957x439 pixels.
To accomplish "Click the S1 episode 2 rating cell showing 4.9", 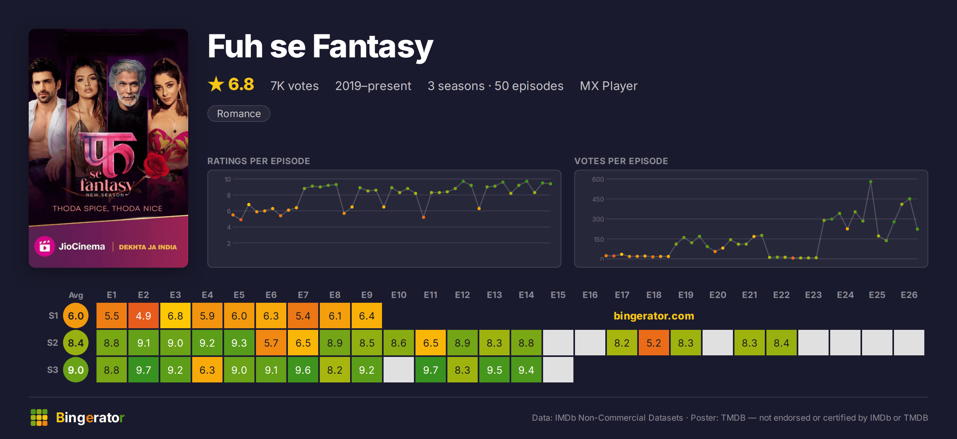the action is (144, 316).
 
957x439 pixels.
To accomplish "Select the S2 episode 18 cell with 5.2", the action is (654, 343).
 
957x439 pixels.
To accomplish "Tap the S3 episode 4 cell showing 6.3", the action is (207, 370).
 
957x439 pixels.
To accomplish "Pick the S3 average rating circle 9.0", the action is (76, 370).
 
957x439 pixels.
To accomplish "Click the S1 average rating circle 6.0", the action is (76, 316).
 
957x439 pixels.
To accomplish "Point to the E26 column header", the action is (909, 295).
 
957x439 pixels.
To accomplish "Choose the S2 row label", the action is (53, 343).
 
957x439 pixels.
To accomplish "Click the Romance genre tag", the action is (239, 114).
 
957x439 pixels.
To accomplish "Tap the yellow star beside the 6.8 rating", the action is (216, 84).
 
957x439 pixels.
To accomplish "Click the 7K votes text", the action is (295, 86).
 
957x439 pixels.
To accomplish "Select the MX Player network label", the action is (608, 86).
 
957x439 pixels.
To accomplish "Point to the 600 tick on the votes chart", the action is (598, 179).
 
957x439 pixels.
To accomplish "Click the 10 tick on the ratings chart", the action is (228, 179).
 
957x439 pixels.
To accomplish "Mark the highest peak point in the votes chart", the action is (870, 182).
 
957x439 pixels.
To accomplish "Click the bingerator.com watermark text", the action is (654, 316).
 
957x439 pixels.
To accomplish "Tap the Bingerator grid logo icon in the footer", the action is (39, 417).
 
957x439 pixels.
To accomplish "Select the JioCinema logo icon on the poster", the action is (45, 247).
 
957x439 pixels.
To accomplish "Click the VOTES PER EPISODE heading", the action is (621, 161).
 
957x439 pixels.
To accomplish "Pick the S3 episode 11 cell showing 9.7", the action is (431, 370).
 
